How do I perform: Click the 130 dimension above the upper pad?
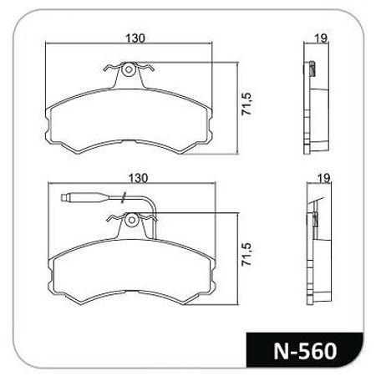tap(135, 38)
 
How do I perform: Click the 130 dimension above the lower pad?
tap(138, 178)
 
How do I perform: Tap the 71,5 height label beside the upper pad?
tap(246, 104)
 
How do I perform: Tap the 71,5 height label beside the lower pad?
tap(246, 254)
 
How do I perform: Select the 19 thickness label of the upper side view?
tap(321, 38)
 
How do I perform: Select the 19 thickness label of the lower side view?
tap(323, 178)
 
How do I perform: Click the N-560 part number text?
tap(305, 351)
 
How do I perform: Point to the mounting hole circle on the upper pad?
tap(129, 69)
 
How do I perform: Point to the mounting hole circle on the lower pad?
tap(131, 221)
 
